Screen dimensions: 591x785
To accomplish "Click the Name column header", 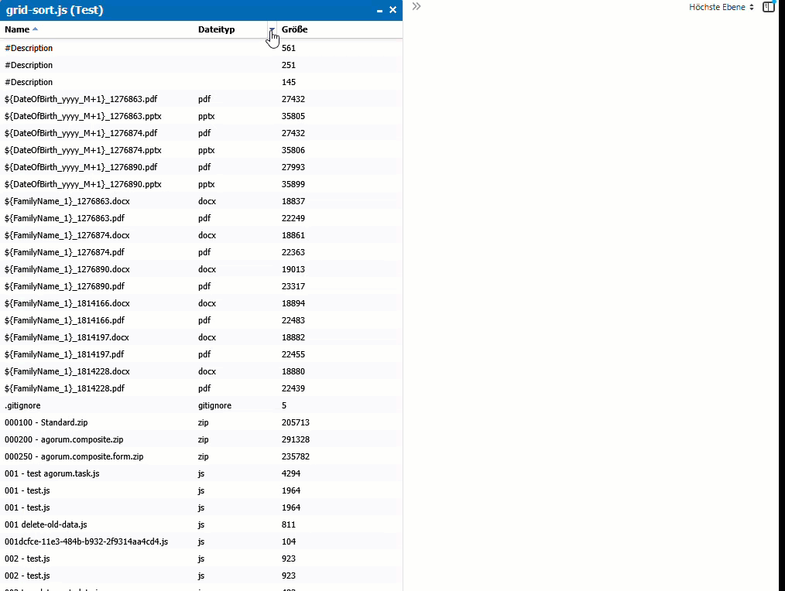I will [17, 29].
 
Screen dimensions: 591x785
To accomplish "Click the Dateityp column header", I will [216, 29].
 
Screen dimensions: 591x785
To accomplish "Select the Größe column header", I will [294, 29].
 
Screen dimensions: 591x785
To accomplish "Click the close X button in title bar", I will [392, 10].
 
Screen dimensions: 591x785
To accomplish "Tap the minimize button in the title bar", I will [379, 10].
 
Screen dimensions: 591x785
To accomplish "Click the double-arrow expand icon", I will [416, 6].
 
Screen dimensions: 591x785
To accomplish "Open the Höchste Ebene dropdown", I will [721, 7].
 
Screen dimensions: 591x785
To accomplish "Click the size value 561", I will [289, 48].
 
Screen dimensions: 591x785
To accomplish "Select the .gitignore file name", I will [22, 405].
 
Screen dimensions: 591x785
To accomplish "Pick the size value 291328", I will [296, 439].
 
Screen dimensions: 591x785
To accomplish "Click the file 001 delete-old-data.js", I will [46, 524].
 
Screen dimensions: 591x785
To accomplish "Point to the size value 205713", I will [296, 422].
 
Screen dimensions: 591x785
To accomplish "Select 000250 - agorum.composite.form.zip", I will [74, 456].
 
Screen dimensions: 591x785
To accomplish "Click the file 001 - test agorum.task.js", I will [52, 473].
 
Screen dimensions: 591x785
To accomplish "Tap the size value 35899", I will [293, 184].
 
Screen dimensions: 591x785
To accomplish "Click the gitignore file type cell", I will [214, 405].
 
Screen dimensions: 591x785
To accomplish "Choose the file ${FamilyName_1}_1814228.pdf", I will [64, 388].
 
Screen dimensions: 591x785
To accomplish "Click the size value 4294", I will [291, 473].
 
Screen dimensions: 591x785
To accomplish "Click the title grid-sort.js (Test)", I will [54, 10].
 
